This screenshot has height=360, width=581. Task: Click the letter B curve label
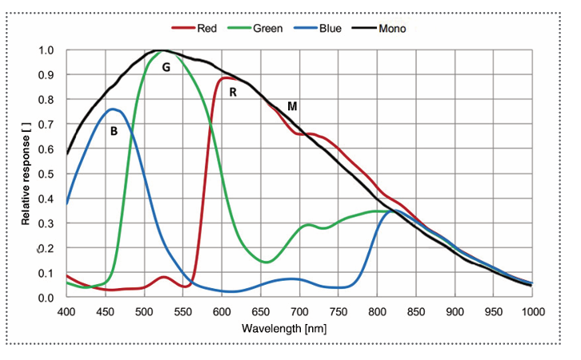coord(114,130)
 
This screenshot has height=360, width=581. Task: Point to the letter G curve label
coord(166,68)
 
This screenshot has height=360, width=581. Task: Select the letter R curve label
coord(233,92)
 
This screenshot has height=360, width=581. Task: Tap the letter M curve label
coord(292,106)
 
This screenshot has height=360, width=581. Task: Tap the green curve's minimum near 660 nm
coord(267,262)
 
